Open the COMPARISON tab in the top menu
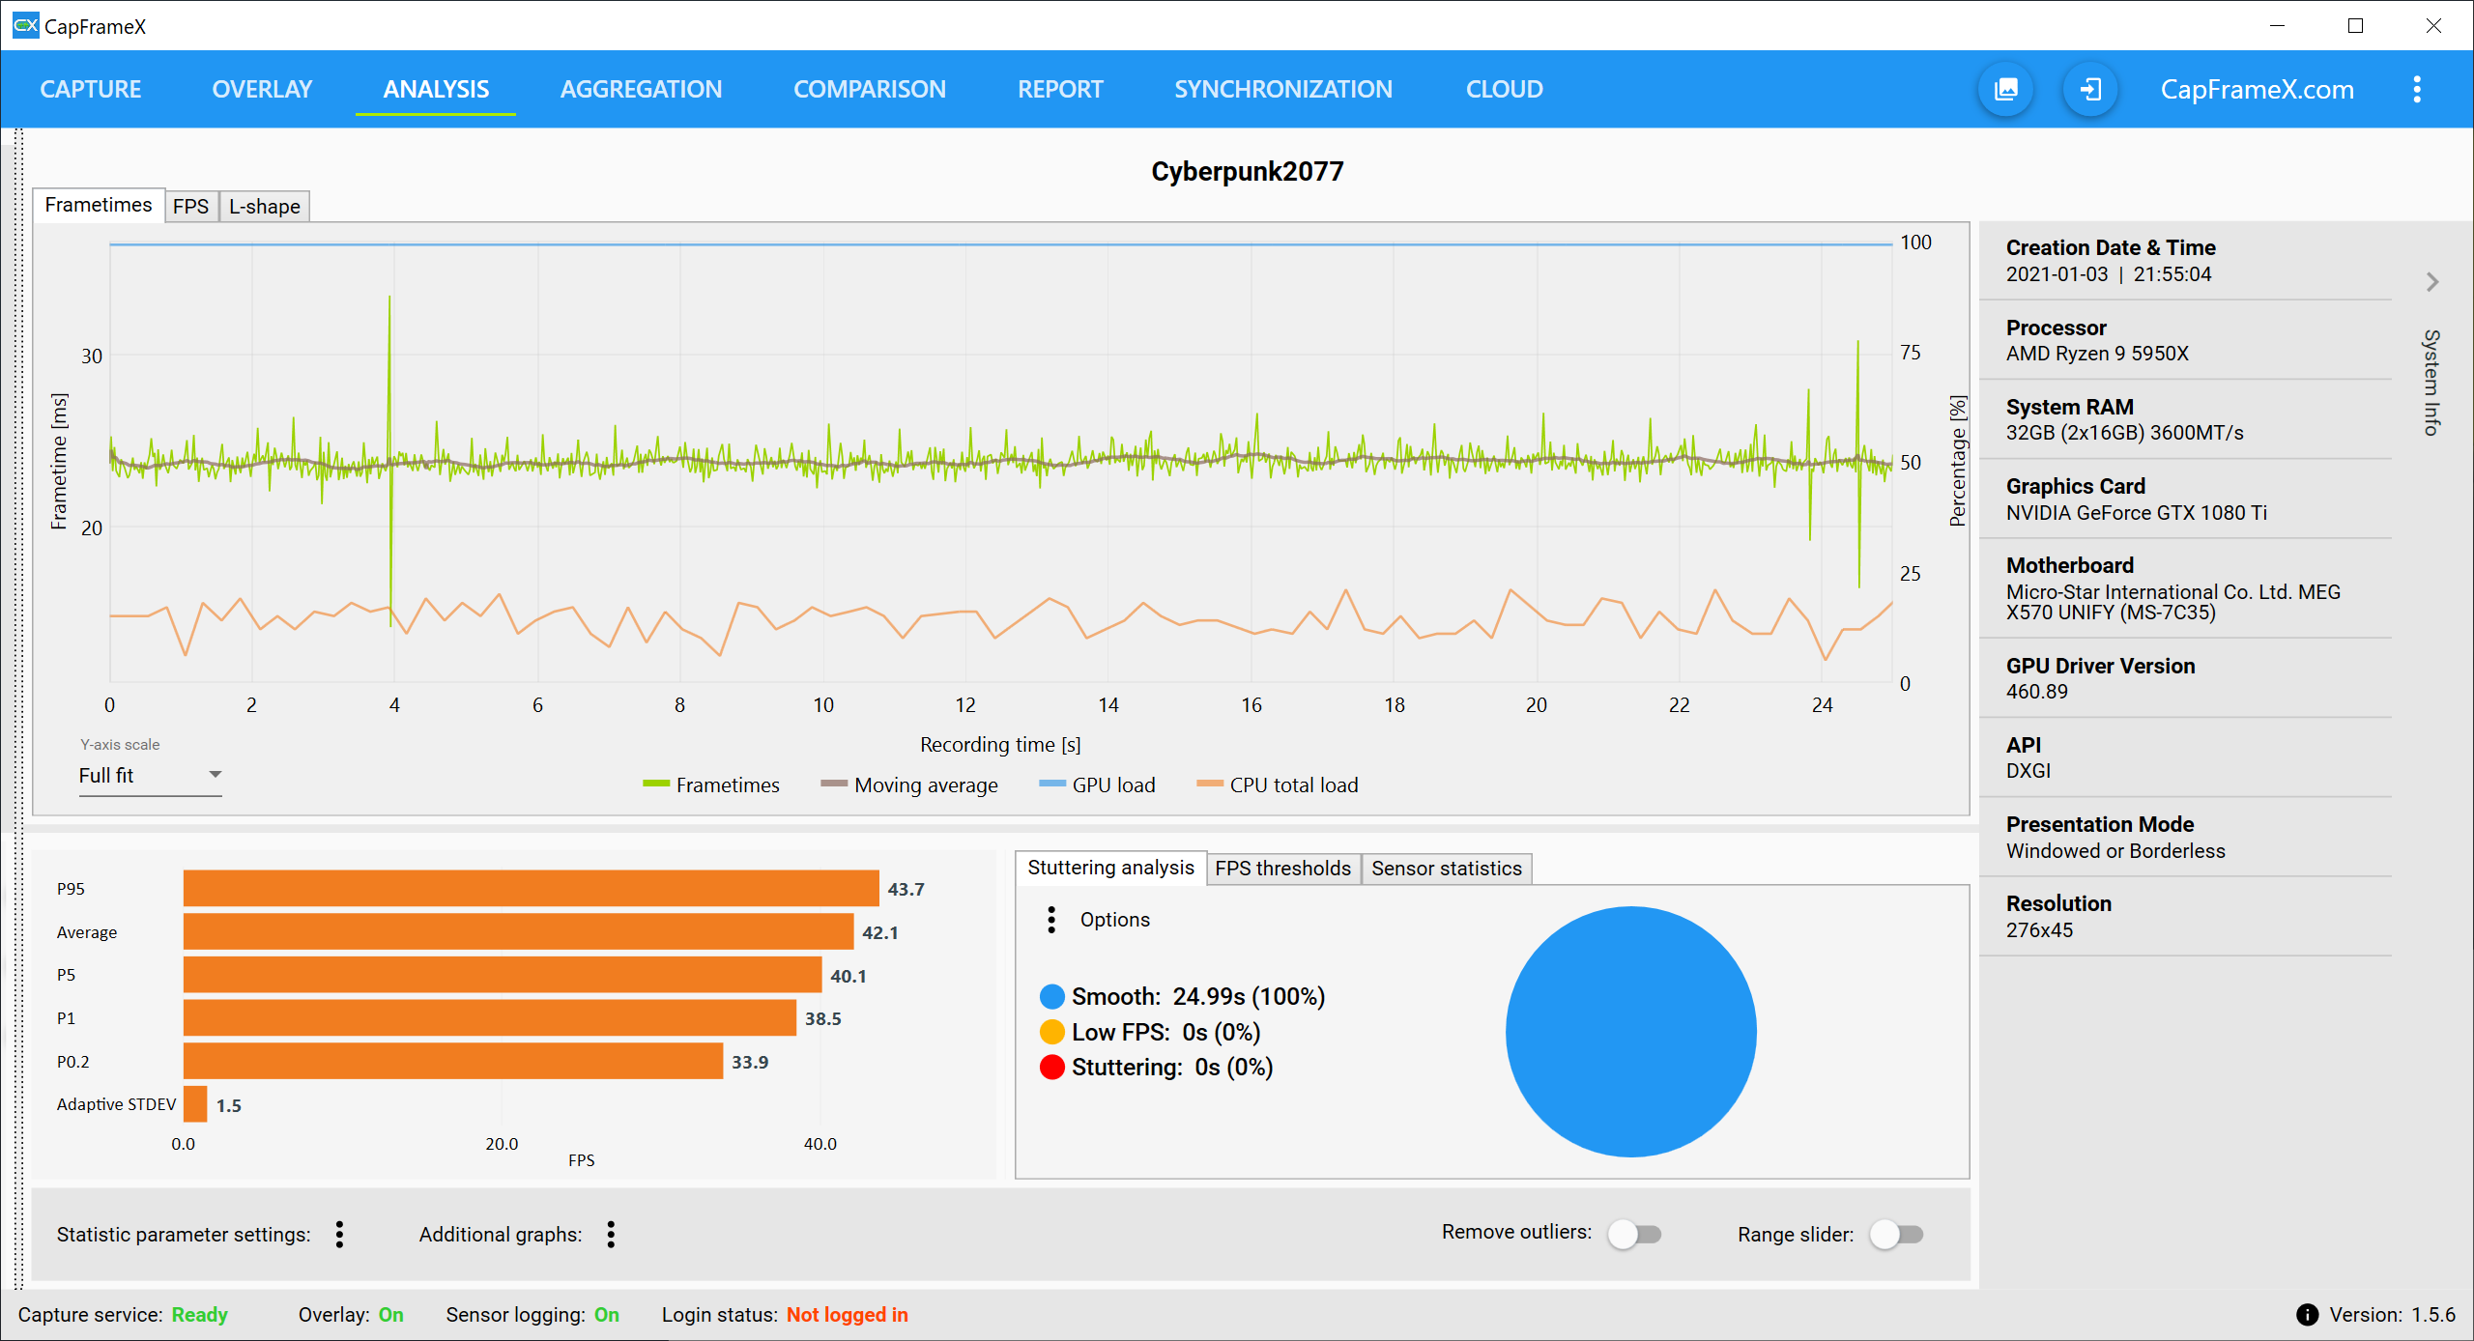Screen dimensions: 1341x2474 pyautogui.click(x=869, y=89)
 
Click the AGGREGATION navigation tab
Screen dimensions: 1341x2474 pyautogui.click(x=641, y=89)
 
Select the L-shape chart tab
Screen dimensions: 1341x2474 pyautogui.click(x=264, y=206)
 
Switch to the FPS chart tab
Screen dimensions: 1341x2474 pyautogui.click(x=190, y=206)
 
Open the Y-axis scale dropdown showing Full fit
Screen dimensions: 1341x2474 pyautogui.click(x=150, y=775)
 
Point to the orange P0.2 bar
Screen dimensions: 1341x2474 pyautogui.click(x=452, y=1061)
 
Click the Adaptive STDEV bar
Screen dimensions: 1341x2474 pyautogui.click(x=195, y=1104)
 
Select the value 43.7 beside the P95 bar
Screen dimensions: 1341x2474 pyautogui.click(x=906, y=889)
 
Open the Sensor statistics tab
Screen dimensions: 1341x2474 pyautogui.click(x=1446, y=868)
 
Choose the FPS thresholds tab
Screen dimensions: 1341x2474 pyautogui.click(x=1282, y=868)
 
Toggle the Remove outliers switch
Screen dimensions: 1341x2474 pyautogui.click(x=1633, y=1234)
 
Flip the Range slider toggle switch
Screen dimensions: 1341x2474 pyautogui.click(x=1896, y=1234)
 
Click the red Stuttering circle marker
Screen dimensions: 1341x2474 pyautogui.click(x=1051, y=1067)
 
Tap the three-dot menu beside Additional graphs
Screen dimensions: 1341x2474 pyautogui.click(x=611, y=1234)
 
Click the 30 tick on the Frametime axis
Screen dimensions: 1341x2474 pyautogui.click(x=91, y=356)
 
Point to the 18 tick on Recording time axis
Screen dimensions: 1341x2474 pyautogui.click(x=1394, y=705)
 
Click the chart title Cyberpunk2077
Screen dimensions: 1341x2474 pyautogui.click(x=1247, y=171)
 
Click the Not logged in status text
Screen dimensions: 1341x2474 pyautogui.click(x=847, y=1314)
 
